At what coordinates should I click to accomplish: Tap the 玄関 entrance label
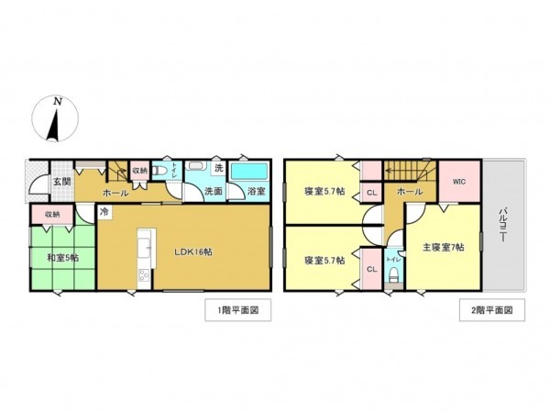pyautogui.click(x=60, y=181)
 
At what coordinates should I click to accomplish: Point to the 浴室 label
pyautogui.click(x=257, y=192)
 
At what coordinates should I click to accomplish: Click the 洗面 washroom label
pyautogui.click(x=213, y=192)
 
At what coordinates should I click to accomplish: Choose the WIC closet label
pyautogui.click(x=458, y=181)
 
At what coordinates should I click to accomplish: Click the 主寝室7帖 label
pyautogui.click(x=444, y=247)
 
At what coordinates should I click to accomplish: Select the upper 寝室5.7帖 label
pyautogui.click(x=324, y=192)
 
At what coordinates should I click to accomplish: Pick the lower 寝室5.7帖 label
pyautogui.click(x=324, y=260)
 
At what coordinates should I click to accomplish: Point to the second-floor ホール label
pyautogui.click(x=410, y=192)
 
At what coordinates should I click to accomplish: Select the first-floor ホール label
pyautogui.click(x=115, y=194)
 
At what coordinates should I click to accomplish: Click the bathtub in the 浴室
pyautogui.click(x=248, y=171)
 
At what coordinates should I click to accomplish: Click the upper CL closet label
pyautogui.click(x=371, y=193)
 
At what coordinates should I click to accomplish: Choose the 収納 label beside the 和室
pyautogui.click(x=52, y=214)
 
